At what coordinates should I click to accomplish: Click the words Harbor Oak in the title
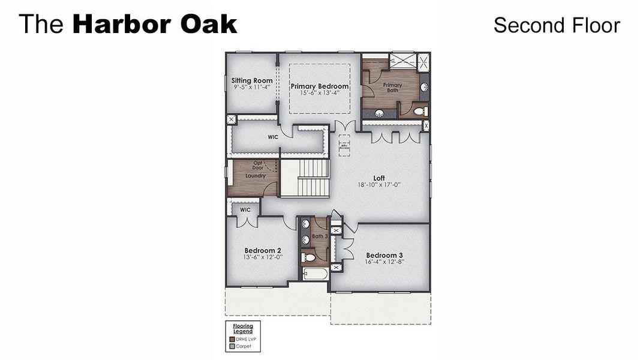(155, 25)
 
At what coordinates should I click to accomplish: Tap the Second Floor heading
(556, 25)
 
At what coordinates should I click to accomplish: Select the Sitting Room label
(252, 80)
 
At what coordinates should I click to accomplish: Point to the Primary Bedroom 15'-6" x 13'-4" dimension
(320, 93)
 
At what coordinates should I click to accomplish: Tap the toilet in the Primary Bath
(420, 111)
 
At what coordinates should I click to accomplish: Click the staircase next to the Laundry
(305, 178)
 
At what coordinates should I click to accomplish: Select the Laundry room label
(255, 176)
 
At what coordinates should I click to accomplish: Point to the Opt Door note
(258, 165)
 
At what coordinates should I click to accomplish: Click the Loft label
(379, 178)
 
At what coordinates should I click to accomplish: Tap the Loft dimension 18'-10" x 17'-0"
(379, 185)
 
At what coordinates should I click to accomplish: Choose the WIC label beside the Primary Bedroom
(273, 137)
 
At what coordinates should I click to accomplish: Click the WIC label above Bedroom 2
(245, 210)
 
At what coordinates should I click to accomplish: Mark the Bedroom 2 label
(263, 250)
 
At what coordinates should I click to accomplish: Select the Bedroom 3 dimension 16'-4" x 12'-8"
(384, 262)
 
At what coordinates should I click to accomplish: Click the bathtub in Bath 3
(315, 275)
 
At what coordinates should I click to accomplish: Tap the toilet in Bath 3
(308, 257)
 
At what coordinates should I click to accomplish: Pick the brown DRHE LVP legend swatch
(232, 339)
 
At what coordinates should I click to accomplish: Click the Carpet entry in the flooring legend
(243, 346)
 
